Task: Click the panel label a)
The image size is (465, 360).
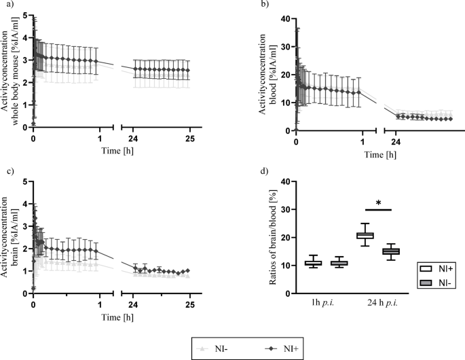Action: click(x=6, y=6)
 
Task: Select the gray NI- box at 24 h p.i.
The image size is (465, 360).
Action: click(x=390, y=251)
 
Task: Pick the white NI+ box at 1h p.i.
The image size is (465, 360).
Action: click(x=312, y=263)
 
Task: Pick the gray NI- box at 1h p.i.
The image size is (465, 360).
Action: click(x=337, y=263)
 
